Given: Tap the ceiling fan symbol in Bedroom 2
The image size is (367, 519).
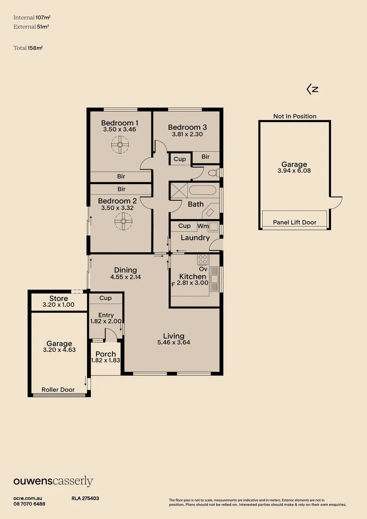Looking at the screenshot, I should point(123,221).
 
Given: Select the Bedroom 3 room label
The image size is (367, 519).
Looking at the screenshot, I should point(187,127).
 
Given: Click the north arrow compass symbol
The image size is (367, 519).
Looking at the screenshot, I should point(313,89).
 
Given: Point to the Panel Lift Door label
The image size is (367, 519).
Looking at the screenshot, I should point(294,222).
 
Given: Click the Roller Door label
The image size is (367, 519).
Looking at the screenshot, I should point(58,390).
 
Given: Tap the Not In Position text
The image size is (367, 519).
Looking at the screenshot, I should point(295,116).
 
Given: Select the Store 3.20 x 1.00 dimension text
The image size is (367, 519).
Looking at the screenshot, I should point(59,305).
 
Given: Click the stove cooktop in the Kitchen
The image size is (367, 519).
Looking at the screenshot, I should point(203,260).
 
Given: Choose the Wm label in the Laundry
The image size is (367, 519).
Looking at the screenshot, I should point(203,225).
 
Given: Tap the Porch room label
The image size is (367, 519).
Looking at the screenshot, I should point(105,354).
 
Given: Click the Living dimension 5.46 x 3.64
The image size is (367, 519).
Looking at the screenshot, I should point(173,343).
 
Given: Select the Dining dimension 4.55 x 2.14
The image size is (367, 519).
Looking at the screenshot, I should point(125,277).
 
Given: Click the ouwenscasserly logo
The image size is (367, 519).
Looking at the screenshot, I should point(53,482).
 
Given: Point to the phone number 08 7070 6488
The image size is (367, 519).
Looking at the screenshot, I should point(29,504).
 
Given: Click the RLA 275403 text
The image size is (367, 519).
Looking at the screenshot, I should point(85,499).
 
